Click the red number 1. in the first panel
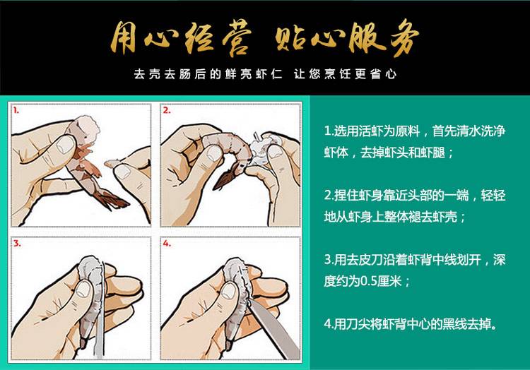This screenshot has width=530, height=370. [16, 110]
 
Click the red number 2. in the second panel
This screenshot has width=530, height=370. [167, 110]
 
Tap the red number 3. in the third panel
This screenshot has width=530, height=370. [17, 244]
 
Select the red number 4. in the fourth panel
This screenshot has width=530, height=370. [167, 244]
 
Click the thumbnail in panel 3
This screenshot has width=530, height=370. [83, 290]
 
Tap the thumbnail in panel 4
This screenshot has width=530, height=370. [230, 291]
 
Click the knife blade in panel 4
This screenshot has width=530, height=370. [273, 328]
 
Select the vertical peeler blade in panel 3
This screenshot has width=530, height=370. [99, 311]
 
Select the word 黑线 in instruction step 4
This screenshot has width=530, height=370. [456, 324]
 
